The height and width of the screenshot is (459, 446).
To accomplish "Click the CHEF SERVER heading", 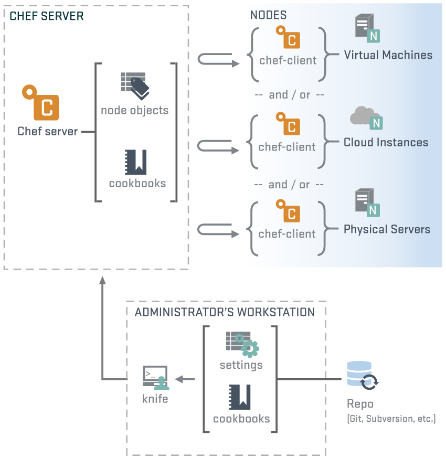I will click(46, 16).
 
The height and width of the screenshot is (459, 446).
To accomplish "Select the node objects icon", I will click(135, 86).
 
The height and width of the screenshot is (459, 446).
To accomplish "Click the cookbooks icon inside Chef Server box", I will click(134, 162).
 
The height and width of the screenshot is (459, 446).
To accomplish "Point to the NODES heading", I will click(268, 16).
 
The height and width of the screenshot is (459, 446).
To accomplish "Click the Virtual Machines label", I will click(388, 55).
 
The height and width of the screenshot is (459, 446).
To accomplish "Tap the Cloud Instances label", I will click(386, 142).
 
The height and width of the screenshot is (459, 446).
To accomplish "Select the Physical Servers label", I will click(387, 229).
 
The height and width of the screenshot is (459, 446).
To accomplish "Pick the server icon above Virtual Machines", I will click(366, 28).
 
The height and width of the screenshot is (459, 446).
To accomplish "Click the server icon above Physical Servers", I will click(366, 202).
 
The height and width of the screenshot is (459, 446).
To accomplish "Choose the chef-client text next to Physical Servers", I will click(288, 234).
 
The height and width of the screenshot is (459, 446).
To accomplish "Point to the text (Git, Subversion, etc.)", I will click(391, 419).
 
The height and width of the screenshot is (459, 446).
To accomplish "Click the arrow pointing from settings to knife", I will click(184, 379).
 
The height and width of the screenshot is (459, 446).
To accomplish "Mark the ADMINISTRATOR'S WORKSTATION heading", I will click(225, 312).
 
